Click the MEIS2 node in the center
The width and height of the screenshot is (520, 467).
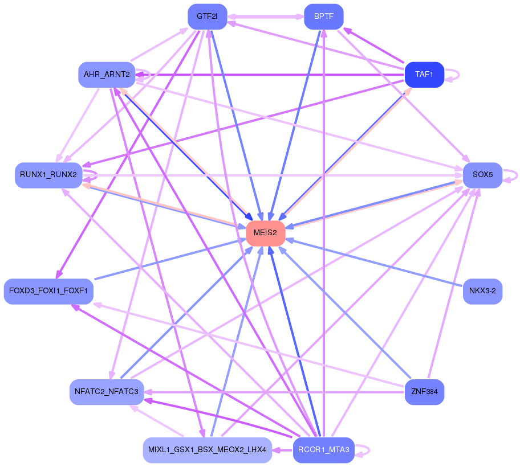point(265,233)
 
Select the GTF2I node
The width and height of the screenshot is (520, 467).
point(207,17)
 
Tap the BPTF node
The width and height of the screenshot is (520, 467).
point(324,17)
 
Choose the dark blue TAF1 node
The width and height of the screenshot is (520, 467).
point(424,75)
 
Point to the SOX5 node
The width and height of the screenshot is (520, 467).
point(482,175)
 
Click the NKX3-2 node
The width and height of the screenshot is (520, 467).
point(482,291)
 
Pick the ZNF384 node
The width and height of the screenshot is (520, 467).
point(424,392)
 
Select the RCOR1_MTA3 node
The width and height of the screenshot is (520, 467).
point(323,450)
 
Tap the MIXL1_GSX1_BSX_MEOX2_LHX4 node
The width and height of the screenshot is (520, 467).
point(207,450)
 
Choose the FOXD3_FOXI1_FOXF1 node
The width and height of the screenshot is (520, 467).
point(48,291)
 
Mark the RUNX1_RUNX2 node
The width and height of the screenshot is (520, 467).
point(48,175)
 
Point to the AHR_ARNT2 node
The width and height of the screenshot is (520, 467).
point(107,75)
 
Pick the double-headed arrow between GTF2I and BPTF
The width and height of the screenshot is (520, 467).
point(266,17)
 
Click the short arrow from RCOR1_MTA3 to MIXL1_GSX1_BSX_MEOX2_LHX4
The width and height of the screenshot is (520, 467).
point(282,450)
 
